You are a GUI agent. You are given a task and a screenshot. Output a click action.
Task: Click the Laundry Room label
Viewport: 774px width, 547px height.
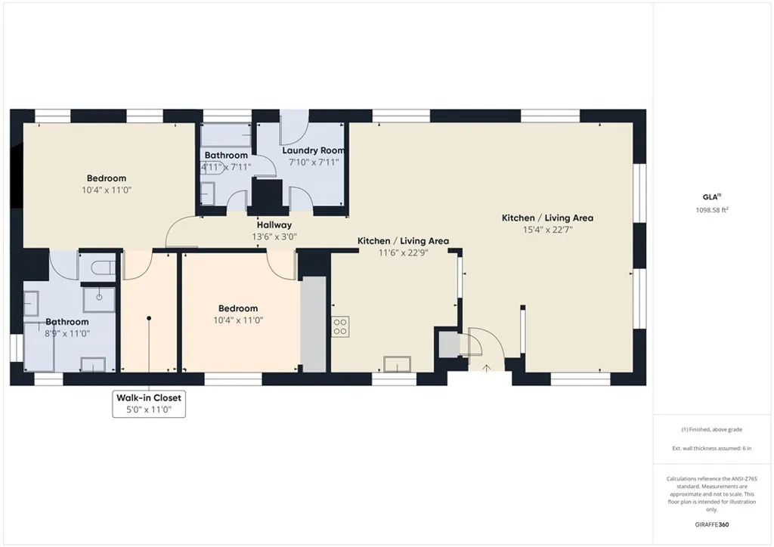(x=314, y=150)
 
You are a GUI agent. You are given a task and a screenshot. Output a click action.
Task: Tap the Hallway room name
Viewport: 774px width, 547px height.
(x=274, y=224)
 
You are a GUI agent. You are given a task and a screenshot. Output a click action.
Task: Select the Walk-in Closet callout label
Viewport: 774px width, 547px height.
(x=148, y=397)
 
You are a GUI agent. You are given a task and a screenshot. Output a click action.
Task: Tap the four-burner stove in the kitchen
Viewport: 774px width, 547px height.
(x=339, y=326)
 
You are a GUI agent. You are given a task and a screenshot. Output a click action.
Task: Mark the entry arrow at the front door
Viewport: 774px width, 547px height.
(x=486, y=368)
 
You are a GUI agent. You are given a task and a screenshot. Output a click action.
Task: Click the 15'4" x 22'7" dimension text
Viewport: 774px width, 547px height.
(x=547, y=230)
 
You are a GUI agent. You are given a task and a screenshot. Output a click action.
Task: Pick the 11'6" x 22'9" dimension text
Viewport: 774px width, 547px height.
(x=403, y=252)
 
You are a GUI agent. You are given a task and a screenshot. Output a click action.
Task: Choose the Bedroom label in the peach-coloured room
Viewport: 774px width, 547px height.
(x=238, y=308)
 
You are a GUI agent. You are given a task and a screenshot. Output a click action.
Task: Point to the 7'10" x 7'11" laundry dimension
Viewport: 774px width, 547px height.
(x=314, y=162)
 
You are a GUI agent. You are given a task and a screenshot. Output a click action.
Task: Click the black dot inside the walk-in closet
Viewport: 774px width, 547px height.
(x=149, y=318)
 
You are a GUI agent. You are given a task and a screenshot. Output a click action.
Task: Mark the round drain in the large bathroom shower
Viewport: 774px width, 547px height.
(x=99, y=297)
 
